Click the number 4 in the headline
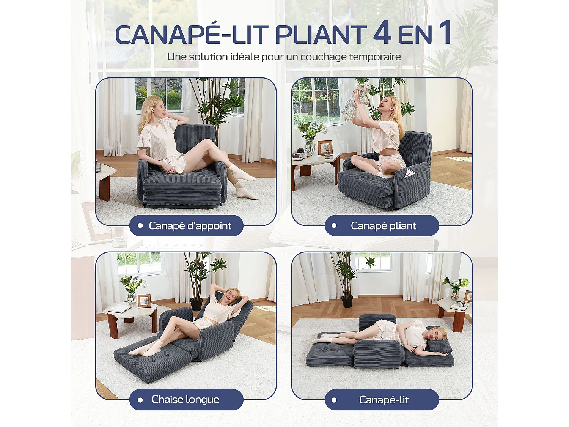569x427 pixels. coord(382,33)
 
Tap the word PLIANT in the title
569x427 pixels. coord(321,35)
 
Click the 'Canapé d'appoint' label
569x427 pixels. coord(190,226)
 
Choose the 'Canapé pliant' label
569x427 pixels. coord(383,226)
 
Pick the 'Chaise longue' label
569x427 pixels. coord(185,399)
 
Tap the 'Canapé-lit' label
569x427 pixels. coord(384,400)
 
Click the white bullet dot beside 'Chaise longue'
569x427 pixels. coord(140,400)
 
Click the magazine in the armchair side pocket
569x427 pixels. coord(409,174)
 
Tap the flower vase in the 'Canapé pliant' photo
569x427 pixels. coord(310,144)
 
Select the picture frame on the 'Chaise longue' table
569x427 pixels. coord(144,301)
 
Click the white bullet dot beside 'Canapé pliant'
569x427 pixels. coord(334,226)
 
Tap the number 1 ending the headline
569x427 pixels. coord(445,33)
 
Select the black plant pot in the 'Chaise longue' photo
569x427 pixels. coord(196,304)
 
